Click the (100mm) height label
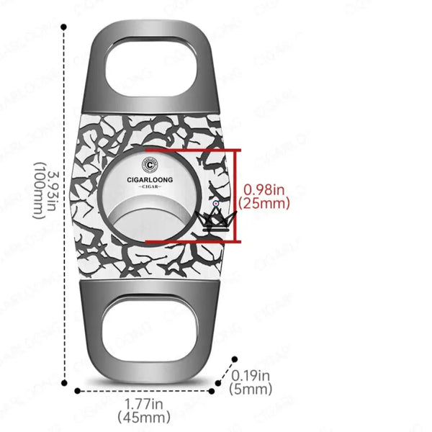[x=37, y=191]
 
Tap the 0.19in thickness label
[x=251, y=375]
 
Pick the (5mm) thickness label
[x=251, y=390]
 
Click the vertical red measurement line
[x=239, y=196]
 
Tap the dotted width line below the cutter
[x=144, y=392]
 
